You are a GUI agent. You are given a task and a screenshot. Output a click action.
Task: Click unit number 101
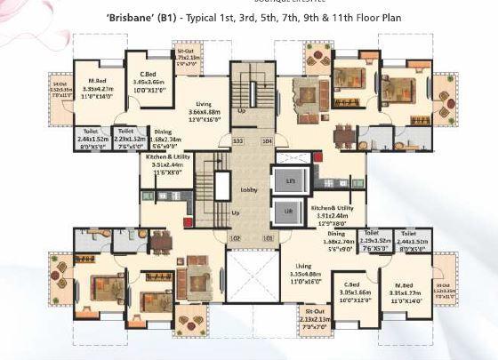tap(268, 237)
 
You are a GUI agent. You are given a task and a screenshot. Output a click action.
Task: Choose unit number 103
tap(237, 140)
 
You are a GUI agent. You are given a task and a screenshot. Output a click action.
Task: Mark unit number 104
tap(267, 140)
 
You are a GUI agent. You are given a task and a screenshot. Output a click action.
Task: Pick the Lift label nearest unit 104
tap(288, 180)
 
